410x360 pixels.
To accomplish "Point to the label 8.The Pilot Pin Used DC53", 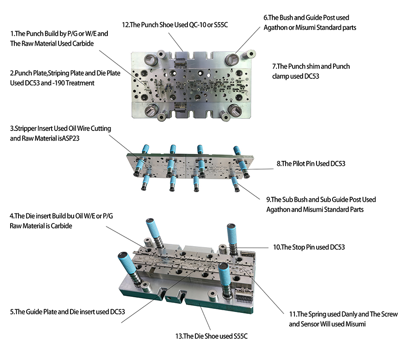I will pyautogui.click(x=311, y=164).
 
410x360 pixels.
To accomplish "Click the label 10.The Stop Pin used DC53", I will pyautogui.click(x=309, y=247).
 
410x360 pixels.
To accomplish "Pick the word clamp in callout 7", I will pyautogui.click(x=281, y=76).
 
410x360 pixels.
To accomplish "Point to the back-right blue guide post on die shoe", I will pyautogui.click(x=232, y=237).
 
